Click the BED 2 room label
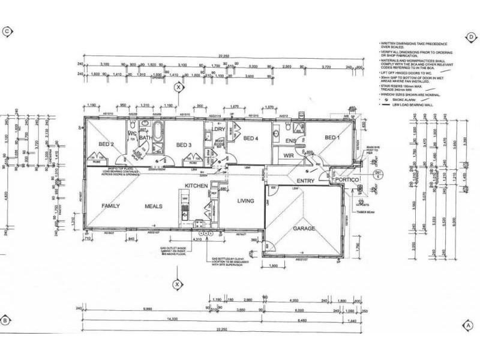(106, 144)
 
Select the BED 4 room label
(250, 139)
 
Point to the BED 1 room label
(332, 137)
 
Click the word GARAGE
(304, 229)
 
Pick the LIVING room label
(247, 201)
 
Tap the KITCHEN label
(196, 186)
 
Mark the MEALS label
(154, 206)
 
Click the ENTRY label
(305, 181)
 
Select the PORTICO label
(347, 180)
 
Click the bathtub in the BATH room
(157, 130)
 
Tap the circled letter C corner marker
(7, 31)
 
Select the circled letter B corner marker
(5, 319)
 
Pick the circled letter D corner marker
(472, 37)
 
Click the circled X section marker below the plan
(177, 284)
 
